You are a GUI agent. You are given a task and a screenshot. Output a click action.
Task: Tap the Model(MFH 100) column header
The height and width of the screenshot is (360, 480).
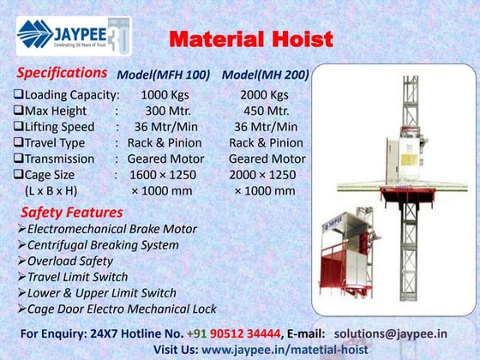(163, 75)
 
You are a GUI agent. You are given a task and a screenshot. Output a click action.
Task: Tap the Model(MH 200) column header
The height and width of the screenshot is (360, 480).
(265, 75)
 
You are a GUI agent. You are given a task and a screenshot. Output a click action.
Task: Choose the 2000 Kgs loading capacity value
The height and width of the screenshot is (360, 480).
(267, 94)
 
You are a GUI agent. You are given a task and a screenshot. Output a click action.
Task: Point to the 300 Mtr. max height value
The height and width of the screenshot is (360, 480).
(169, 111)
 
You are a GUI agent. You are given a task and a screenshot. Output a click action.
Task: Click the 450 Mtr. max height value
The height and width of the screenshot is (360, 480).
(267, 111)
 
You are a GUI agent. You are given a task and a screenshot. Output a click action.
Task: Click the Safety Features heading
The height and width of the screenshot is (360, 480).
(72, 212)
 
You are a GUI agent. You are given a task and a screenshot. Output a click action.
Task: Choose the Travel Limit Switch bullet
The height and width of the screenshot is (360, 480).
(77, 277)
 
